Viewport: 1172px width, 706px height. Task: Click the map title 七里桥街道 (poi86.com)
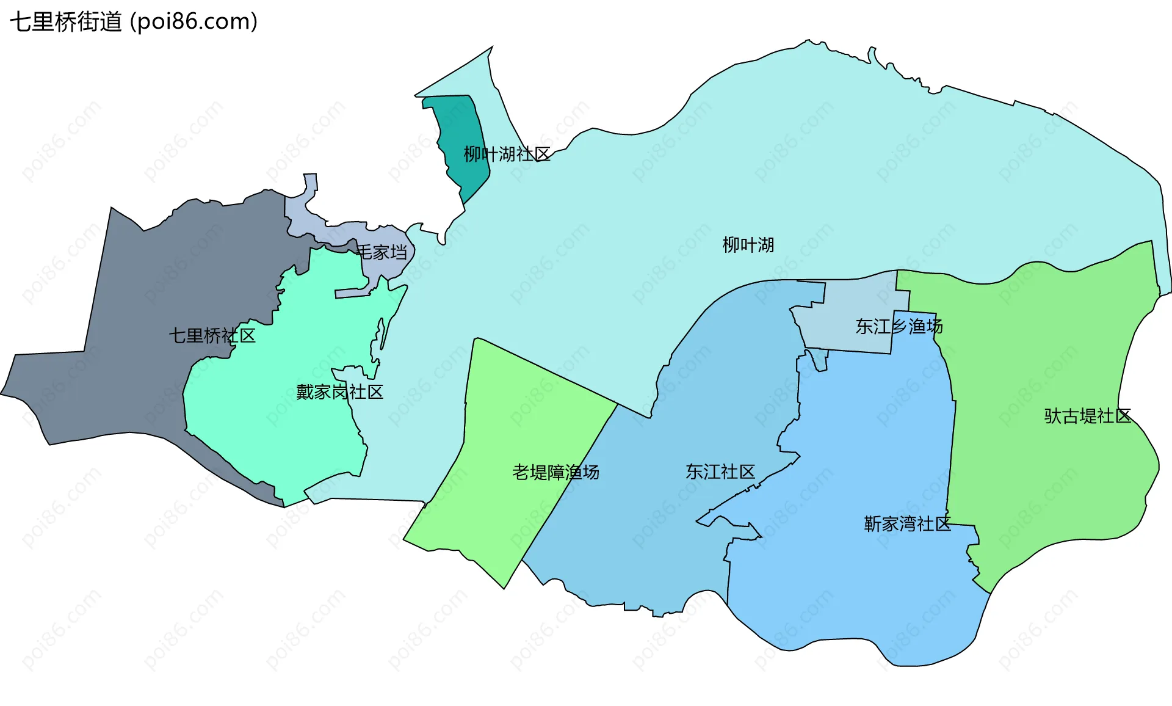(134, 22)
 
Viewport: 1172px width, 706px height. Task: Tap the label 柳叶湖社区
(507, 154)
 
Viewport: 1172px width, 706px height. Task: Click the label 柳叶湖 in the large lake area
(748, 245)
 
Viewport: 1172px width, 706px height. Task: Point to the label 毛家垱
(382, 252)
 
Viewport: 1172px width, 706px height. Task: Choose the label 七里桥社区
(212, 335)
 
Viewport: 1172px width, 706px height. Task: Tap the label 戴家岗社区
(339, 391)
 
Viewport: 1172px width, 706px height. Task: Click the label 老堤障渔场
(555, 472)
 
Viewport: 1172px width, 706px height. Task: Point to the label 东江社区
(720, 471)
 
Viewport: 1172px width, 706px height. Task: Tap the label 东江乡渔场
(899, 326)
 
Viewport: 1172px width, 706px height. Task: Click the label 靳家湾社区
(907, 523)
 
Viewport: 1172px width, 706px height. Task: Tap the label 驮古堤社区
(1088, 416)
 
